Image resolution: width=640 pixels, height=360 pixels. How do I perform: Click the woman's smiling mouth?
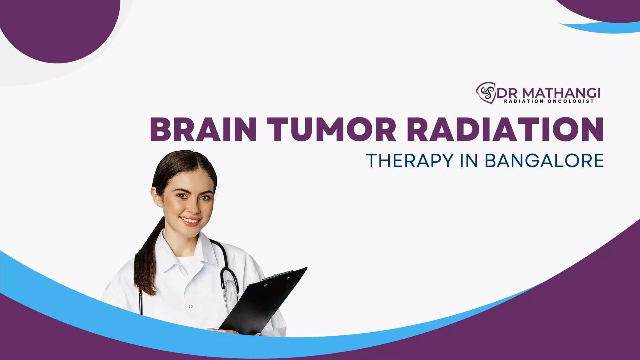coord(190,221)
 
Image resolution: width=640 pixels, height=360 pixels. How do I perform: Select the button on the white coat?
coord(191,307)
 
